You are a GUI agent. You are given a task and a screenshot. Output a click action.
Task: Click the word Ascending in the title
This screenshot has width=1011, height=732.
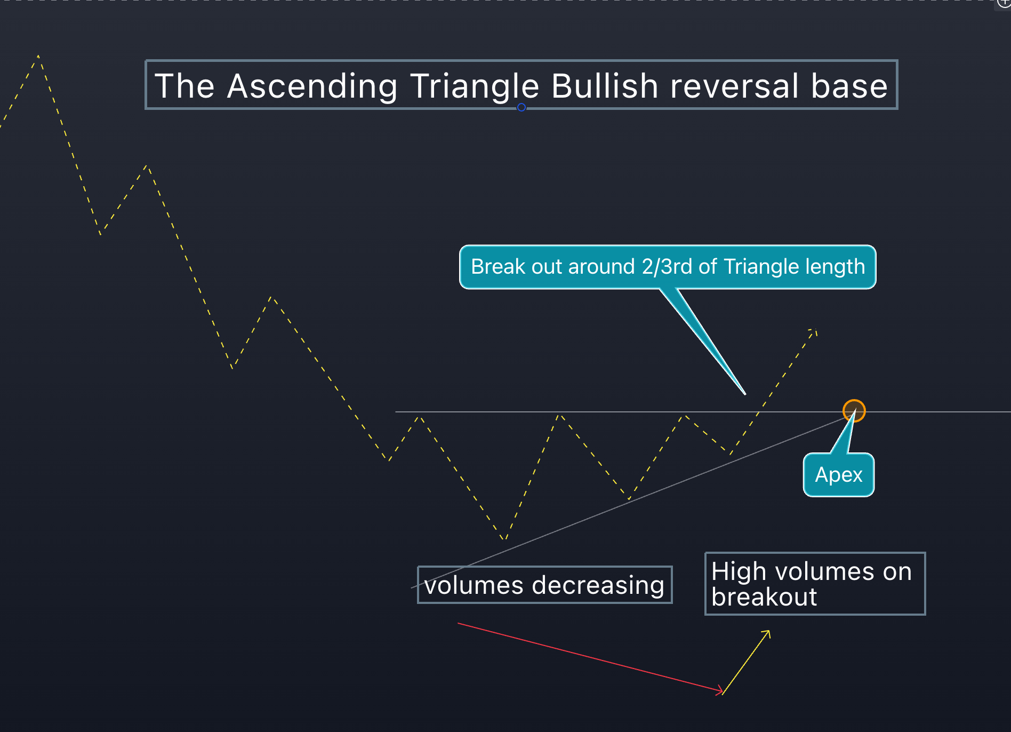tap(312, 86)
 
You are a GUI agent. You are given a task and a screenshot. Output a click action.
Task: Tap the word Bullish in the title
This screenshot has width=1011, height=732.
tap(605, 86)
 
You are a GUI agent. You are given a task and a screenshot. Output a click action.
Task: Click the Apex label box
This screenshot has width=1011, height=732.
tap(838, 475)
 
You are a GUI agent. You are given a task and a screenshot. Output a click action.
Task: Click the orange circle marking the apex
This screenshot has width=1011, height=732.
tap(854, 411)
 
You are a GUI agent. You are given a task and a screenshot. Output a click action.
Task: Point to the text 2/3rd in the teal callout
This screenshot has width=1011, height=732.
tap(667, 267)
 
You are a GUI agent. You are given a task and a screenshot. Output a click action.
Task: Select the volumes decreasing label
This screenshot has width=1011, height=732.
tap(544, 585)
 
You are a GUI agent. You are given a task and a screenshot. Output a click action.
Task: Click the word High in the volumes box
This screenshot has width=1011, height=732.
tap(739, 571)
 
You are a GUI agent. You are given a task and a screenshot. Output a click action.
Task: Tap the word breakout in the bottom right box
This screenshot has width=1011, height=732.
tap(764, 597)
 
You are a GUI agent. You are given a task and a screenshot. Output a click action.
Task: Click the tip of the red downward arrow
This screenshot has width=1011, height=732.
tap(722, 692)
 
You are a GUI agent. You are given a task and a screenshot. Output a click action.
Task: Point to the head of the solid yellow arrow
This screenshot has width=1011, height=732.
tap(768, 632)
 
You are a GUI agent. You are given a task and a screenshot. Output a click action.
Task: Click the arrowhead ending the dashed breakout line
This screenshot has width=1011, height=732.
tap(814, 331)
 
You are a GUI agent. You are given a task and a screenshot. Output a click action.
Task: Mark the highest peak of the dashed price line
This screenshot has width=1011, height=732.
tap(38, 56)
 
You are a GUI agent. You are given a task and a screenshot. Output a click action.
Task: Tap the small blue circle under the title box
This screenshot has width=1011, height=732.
tap(521, 107)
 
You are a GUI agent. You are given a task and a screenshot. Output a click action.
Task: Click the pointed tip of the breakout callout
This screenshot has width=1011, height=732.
tap(744, 394)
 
